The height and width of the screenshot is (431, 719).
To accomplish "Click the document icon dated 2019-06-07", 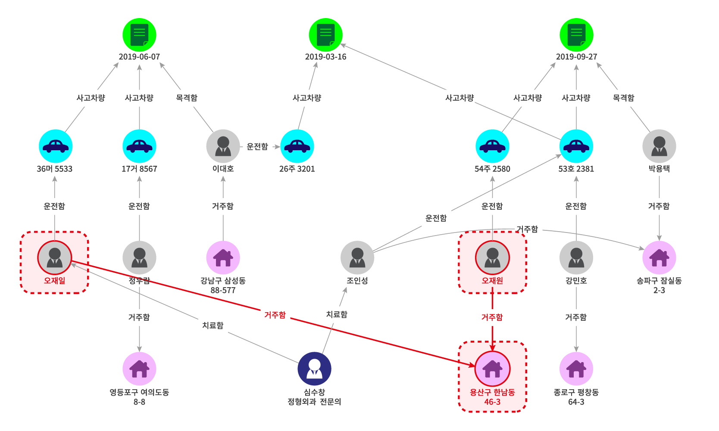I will pos(139,35).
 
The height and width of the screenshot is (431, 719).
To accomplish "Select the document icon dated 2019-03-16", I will pos(325,35).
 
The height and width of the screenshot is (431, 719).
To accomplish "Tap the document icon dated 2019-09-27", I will pos(576,35).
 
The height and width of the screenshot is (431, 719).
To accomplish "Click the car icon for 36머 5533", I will pos(55,146).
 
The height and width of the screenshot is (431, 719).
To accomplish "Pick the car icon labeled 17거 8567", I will pos(139,146).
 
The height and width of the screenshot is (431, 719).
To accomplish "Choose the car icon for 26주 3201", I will pos(297,146).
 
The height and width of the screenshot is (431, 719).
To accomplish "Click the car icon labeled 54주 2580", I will pos(492,146).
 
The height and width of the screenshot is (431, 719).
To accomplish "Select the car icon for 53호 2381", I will pos(576,146).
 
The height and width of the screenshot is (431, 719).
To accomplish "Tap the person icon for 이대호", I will pos(223,146).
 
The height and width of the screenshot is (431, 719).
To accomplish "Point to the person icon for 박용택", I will pos(659,146).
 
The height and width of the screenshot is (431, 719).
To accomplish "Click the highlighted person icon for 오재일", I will pos(55,257).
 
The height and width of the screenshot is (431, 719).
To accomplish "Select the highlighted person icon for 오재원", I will pos(492,257).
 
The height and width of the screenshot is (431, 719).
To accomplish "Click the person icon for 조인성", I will pos(357,257).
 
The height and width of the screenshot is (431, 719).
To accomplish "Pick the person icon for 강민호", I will pos(576,257).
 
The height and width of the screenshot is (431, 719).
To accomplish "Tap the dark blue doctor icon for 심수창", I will pos(314,369).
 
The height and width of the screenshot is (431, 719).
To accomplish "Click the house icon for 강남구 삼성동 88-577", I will pos(223,257).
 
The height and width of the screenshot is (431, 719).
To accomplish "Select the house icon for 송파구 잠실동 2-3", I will pos(659,257).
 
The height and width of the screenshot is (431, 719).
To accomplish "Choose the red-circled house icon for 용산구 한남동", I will pos(492,369).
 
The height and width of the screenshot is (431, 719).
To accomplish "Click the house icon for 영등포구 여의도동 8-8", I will pos(139,369).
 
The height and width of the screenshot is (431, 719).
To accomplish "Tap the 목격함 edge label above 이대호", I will pos(187,98).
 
